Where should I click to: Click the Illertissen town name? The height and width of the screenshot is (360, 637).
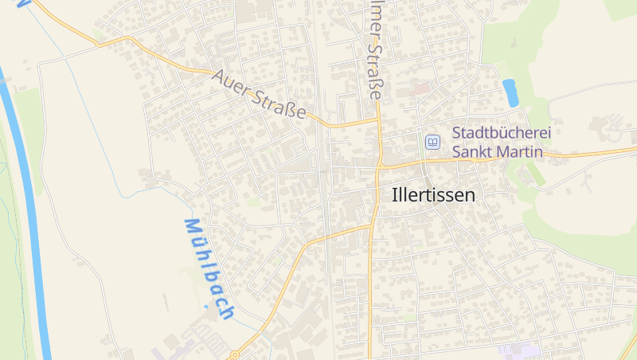[x=433, y=194]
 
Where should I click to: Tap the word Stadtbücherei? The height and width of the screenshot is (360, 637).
[x=502, y=134]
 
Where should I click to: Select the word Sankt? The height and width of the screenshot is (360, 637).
[x=475, y=151]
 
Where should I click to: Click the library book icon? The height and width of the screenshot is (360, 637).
[x=432, y=142]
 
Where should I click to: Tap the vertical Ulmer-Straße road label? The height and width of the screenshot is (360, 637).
[x=376, y=49]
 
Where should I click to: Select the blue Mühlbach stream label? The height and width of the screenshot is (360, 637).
[x=209, y=268]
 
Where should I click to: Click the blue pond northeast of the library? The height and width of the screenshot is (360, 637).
[x=510, y=92]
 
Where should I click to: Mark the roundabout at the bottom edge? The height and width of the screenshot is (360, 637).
[x=234, y=354]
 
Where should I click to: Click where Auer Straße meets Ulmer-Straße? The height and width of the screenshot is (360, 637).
[x=377, y=121]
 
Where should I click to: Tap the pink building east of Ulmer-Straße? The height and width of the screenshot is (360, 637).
[x=420, y=88]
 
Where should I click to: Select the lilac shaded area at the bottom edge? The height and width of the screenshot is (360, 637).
[x=518, y=350]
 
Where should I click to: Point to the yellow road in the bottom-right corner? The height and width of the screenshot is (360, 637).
[x=630, y=347]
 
